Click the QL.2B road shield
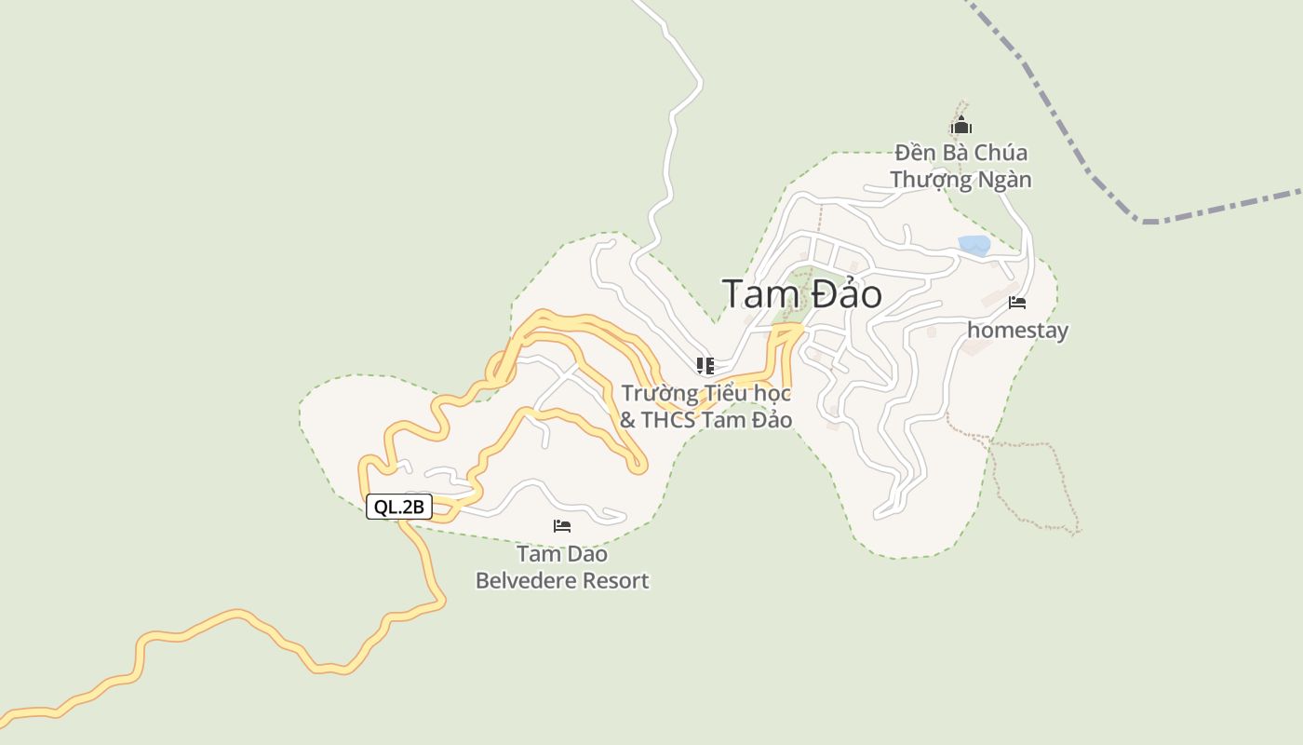pos(399,508)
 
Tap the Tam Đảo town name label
pos(801,294)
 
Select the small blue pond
pos(974,246)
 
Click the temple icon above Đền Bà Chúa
pos(961,126)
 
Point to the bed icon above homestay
pos(1017,303)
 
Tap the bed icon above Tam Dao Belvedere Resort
pos(562,526)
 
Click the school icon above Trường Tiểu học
pos(705,365)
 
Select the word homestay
pos(1017,331)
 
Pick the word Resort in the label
pos(616,581)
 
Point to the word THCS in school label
pos(666,420)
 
